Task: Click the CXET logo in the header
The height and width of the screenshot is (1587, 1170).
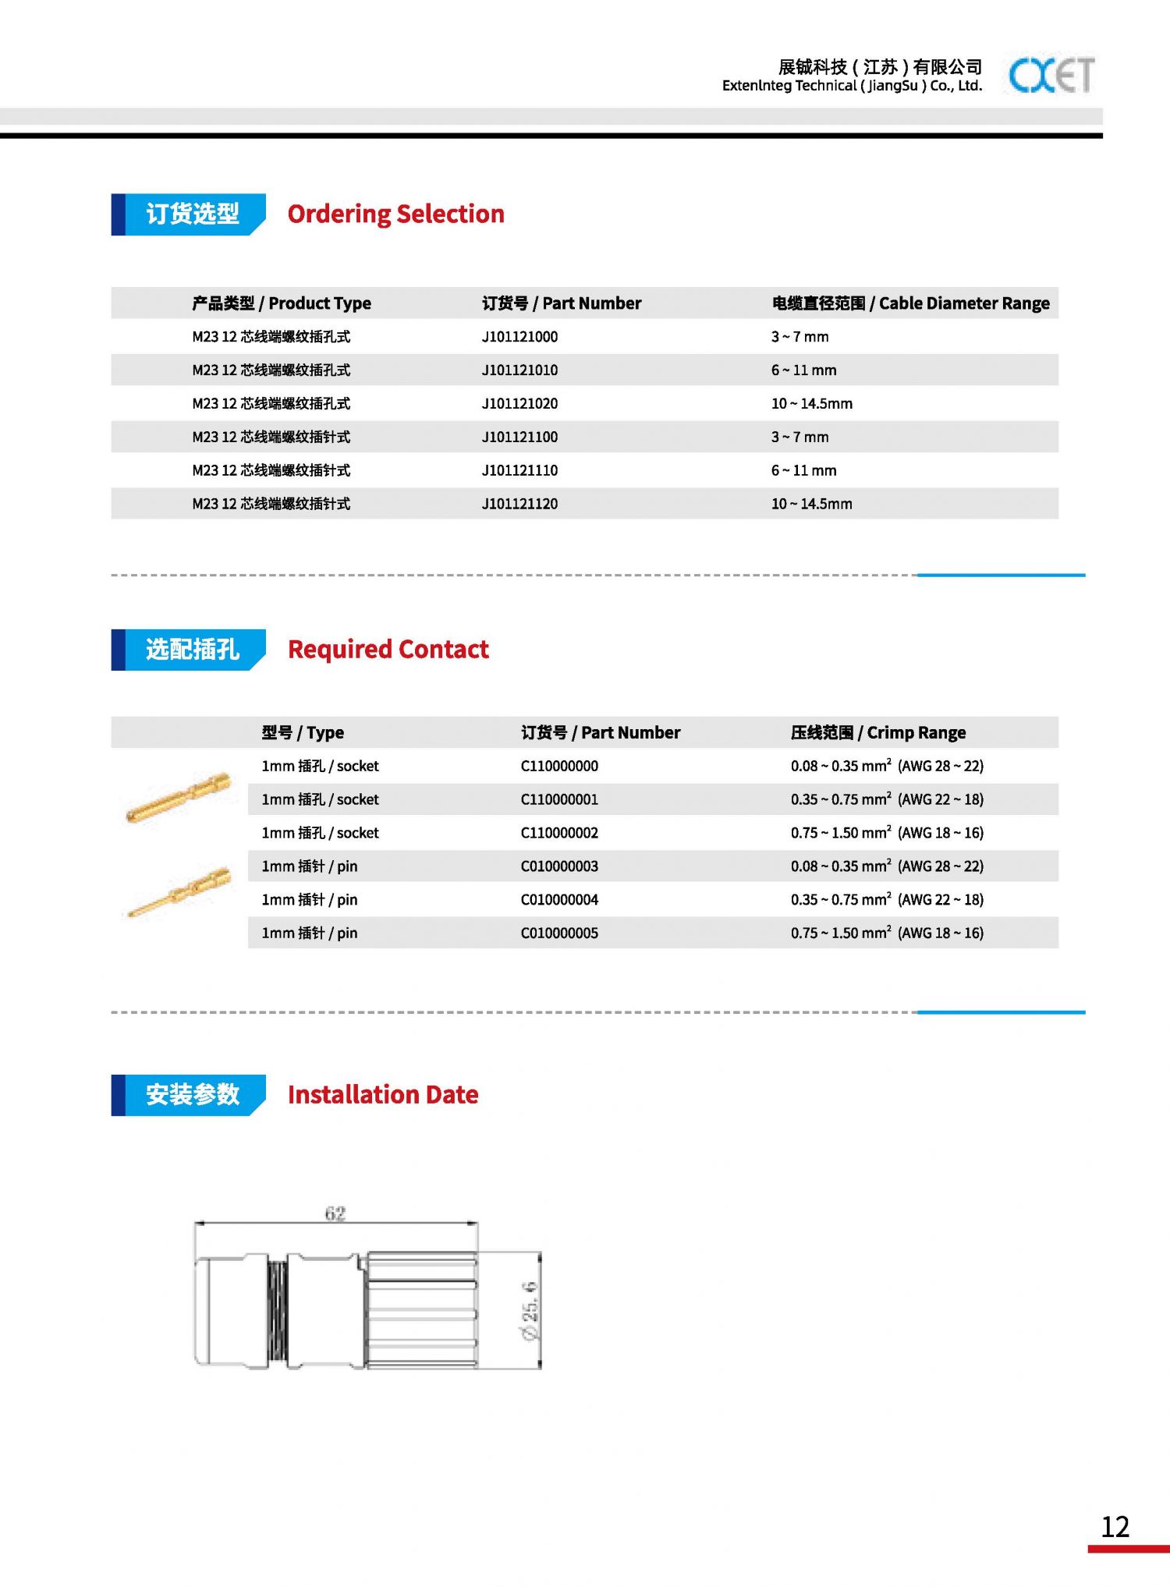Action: (1051, 76)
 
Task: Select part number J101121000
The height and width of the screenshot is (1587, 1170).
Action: (519, 337)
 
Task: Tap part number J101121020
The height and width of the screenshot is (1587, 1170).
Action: (519, 404)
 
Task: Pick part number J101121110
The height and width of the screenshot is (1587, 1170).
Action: (519, 471)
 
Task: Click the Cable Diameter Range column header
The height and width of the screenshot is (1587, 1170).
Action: (910, 303)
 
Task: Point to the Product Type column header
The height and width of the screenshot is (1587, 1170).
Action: (282, 303)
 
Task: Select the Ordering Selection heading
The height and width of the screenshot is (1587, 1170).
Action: (395, 214)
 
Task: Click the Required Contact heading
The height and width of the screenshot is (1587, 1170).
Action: (388, 650)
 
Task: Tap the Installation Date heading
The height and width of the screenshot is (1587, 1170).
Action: (383, 1095)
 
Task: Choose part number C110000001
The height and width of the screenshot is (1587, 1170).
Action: (559, 800)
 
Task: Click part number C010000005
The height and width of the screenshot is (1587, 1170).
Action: (559, 933)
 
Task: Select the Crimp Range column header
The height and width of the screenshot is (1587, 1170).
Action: (877, 733)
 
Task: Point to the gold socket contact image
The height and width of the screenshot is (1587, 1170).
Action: (179, 796)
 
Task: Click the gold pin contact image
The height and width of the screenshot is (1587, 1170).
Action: (179, 891)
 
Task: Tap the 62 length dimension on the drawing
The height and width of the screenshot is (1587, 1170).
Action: (335, 1213)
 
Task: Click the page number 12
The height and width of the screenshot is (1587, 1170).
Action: (1115, 1527)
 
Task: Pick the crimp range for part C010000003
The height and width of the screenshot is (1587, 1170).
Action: (887, 866)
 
